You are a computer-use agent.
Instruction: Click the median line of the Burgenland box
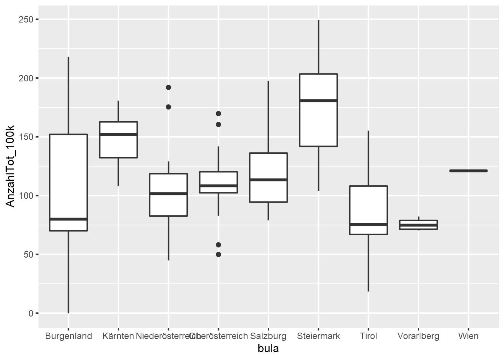point(68,219)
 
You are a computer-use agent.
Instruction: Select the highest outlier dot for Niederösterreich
point(168,87)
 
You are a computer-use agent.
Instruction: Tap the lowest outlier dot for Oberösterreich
point(218,254)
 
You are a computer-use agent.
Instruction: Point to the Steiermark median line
point(318,100)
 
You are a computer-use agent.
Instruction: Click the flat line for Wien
point(468,171)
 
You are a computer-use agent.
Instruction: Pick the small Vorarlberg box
point(418,225)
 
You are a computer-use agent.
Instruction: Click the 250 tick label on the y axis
point(26,19)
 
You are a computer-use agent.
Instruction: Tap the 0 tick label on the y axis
point(31,313)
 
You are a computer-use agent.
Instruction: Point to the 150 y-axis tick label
point(26,137)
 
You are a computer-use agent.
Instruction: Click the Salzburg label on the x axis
point(268,336)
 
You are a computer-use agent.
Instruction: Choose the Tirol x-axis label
point(368,336)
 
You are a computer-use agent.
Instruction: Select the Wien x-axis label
point(468,336)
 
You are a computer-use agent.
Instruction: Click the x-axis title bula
point(268,349)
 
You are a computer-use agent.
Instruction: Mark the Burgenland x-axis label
point(68,336)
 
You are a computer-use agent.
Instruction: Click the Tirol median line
point(368,224)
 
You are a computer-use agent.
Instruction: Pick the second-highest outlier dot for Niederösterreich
point(168,107)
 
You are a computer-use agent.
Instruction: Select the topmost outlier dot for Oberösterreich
point(218,113)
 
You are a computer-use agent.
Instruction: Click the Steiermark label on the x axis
point(318,336)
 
